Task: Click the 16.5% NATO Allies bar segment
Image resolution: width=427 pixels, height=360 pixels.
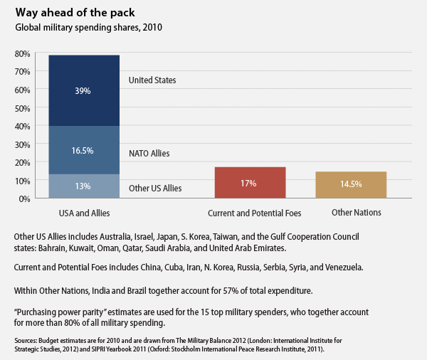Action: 84,151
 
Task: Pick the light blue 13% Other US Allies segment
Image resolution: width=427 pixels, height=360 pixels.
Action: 84,186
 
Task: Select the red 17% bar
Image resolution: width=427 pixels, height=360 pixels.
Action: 249,184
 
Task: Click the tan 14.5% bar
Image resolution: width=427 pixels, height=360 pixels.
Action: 351,185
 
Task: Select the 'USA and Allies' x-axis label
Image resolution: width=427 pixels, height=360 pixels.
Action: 83,213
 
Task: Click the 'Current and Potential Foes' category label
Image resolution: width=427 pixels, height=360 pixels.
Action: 254,213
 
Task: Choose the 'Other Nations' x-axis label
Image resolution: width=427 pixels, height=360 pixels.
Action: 357,213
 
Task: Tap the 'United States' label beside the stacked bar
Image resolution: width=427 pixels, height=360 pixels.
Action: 152,80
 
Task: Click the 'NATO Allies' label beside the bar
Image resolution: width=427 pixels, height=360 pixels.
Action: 149,153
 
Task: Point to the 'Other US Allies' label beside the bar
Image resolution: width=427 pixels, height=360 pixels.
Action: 154,189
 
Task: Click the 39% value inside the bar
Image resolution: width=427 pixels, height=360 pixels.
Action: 84,91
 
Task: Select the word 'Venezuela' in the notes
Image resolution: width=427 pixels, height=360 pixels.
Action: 342,268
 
